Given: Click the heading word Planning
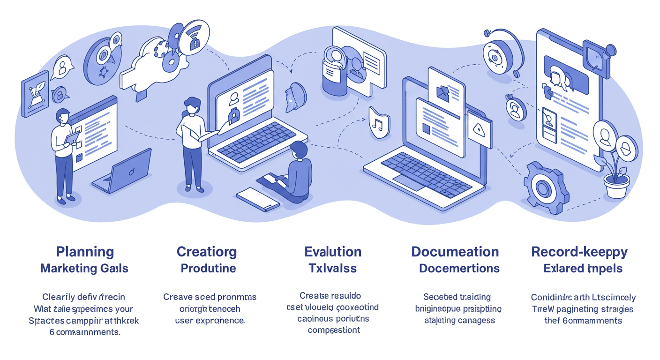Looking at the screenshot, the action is point(85,252).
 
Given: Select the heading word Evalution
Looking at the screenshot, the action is point(333,252).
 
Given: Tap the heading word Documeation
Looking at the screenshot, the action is point(455,252).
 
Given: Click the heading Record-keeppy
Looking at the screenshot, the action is point(579,252).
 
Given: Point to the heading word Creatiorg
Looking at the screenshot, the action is point(207,252).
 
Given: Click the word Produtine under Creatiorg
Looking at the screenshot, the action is point(208,269).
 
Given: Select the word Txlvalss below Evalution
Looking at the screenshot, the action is point(333,269).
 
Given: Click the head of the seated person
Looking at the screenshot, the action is point(299,151).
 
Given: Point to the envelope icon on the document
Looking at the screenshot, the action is point(443,92).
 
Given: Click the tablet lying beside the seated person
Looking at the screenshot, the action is point(257,199).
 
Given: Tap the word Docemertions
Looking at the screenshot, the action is point(459,269).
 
